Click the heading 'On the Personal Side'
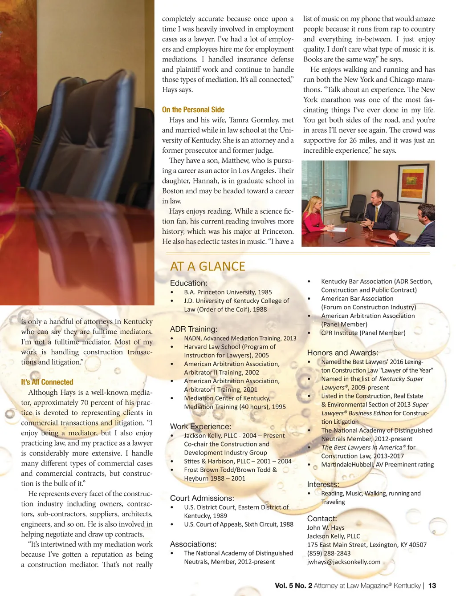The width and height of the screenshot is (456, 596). (x=193, y=109)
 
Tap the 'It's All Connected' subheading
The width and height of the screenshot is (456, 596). (x=47, y=382)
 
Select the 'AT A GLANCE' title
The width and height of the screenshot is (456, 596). (x=208, y=266)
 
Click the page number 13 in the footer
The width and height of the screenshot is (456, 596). (x=432, y=585)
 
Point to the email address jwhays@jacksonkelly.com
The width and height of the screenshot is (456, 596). (x=343, y=562)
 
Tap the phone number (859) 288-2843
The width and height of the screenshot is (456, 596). (x=329, y=553)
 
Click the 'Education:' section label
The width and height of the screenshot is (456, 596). (x=188, y=283)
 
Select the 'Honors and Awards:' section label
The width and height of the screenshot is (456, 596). (x=342, y=353)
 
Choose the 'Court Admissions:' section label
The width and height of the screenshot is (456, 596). (x=202, y=498)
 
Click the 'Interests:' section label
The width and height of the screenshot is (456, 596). (x=323, y=484)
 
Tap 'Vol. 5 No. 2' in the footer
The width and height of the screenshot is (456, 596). (x=293, y=585)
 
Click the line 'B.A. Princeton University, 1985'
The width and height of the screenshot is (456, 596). (x=228, y=292)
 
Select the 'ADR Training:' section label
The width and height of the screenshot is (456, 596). (x=193, y=329)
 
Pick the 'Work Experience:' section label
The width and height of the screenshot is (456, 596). (x=200, y=426)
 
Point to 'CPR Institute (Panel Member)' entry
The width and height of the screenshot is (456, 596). (x=363, y=333)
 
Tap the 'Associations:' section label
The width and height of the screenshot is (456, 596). (x=193, y=544)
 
